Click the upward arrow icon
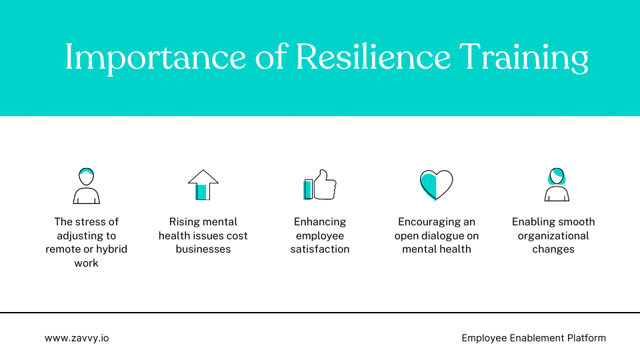(203, 185)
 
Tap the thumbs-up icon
(320, 185)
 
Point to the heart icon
(436, 185)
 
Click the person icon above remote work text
(87, 185)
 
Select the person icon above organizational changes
(556, 185)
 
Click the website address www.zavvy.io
(77, 338)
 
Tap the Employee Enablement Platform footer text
(533, 338)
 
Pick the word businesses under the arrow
(203, 249)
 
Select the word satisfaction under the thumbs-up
(320, 249)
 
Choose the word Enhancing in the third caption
(320, 222)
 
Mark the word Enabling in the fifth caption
(532, 222)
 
